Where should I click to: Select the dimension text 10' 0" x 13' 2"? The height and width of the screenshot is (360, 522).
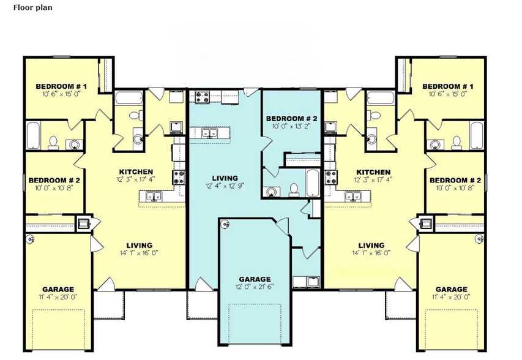click(x=291, y=127)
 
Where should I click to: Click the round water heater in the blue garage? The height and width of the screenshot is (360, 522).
click(x=225, y=225)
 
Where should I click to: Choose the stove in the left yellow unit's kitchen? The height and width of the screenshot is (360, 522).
click(x=179, y=178)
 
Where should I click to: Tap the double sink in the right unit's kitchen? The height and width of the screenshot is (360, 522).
click(x=353, y=197)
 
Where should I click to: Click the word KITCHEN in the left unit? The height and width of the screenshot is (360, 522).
click(x=136, y=171)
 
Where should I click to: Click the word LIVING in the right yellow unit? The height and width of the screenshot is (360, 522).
click(x=371, y=245)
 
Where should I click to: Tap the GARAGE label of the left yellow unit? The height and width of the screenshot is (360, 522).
click(x=58, y=289)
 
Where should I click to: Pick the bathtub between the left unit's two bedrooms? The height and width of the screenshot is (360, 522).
click(x=33, y=136)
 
